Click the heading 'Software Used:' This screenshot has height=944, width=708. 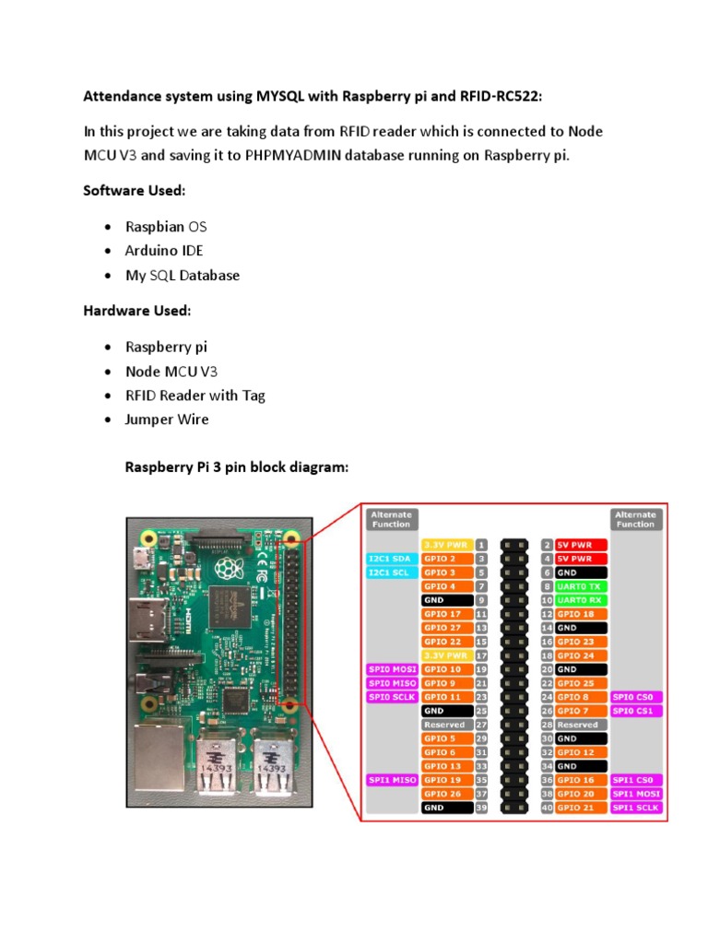(135, 190)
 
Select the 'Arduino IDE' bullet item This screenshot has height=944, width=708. (164, 251)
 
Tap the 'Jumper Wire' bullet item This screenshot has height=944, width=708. (167, 419)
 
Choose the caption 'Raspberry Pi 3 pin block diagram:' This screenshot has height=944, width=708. (237, 467)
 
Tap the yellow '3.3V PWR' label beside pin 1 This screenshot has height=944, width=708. (446, 545)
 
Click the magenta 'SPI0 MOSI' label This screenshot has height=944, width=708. (393, 669)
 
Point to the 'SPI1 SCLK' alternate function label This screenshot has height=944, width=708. (637, 808)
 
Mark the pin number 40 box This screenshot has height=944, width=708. (547, 808)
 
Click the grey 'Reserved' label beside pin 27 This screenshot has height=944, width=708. (446, 725)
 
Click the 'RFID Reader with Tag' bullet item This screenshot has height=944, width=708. (195, 395)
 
